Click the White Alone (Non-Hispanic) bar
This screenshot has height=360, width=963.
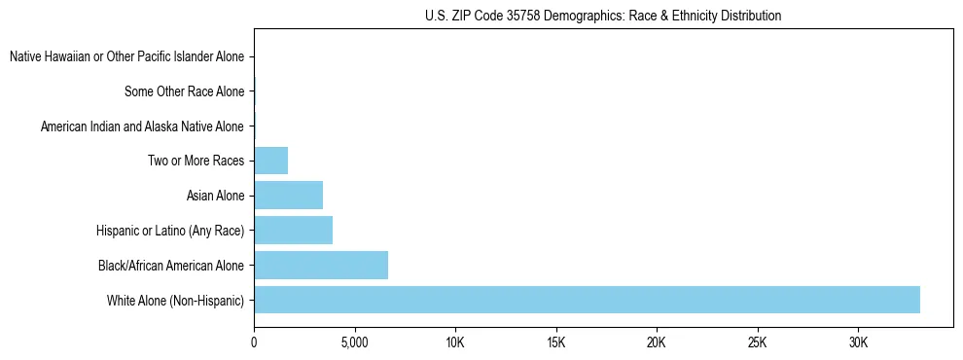click(x=587, y=300)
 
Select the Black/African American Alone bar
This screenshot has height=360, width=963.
click(x=321, y=265)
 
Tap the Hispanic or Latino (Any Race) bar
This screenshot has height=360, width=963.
click(x=293, y=231)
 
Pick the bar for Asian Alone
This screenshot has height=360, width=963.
click(x=288, y=196)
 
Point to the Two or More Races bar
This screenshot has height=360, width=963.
click(x=270, y=161)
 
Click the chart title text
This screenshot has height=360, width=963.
click(x=603, y=16)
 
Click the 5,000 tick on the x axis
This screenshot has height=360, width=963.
click(x=355, y=343)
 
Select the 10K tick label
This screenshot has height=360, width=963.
click(x=455, y=343)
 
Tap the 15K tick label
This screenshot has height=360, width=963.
click(x=556, y=343)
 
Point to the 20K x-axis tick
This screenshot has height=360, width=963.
click(x=657, y=343)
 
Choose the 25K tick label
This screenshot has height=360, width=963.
click(x=758, y=343)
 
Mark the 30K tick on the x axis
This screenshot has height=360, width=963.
click(x=858, y=343)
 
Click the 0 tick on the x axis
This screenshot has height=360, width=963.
click(x=254, y=343)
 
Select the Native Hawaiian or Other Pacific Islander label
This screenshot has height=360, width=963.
click(x=126, y=57)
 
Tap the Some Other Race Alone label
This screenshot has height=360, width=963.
click(x=184, y=92)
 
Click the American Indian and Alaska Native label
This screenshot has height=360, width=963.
click(x=142, y=126)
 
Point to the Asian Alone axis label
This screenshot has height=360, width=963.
click(x=215, y=196)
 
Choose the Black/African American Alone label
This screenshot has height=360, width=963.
click(x=170, y=266)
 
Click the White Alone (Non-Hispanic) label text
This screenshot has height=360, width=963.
click(x=175, y=300)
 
